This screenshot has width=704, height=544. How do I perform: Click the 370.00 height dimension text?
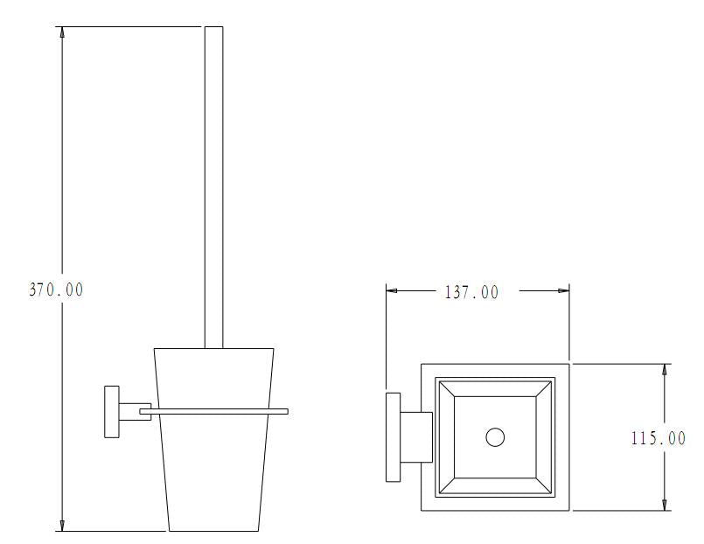click(56, 289)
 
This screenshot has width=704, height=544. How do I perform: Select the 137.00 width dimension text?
click(471, 293)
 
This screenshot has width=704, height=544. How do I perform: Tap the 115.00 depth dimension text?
click(659, 438)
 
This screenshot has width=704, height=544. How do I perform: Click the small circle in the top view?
click(495, 437)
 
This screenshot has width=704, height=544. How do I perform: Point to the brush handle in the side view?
click(213, 187)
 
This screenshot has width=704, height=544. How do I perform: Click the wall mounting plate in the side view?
click(112, 412)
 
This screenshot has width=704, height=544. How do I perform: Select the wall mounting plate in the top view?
click(394, 437)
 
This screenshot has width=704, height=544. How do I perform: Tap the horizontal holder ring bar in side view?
click(213, 411)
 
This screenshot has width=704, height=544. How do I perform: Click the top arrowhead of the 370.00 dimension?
click(62, 31)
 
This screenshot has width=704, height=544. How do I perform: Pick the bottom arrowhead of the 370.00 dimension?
click(62, 526)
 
